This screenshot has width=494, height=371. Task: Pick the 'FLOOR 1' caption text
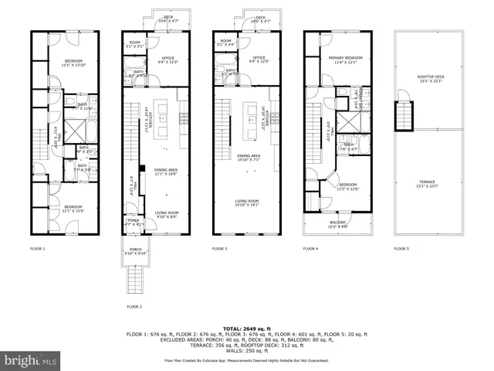tap(38, 249)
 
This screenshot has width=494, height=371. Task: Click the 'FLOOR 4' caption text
tap(310, 249)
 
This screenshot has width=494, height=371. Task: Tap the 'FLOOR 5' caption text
tap(401, 249)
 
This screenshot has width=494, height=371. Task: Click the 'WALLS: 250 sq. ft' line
tap(247, 350)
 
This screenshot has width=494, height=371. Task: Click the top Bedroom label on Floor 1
tap(74, 62)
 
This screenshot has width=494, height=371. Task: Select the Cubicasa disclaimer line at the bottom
tap(247, 361)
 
